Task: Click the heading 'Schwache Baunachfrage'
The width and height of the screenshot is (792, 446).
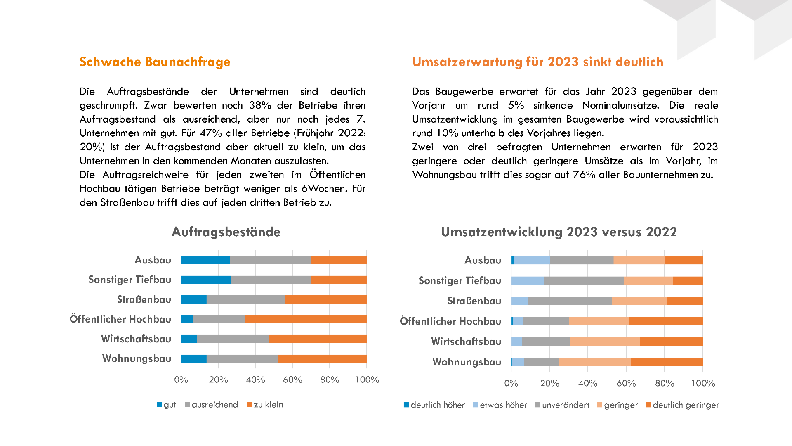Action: point(155,62)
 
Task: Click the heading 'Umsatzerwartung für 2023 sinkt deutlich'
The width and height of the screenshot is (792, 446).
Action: point(537,62)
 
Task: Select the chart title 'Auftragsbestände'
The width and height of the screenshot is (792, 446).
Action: point(226,232)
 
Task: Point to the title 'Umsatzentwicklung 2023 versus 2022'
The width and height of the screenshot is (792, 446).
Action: point(559,232)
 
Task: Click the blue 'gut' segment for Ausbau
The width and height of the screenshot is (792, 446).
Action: point(206,260)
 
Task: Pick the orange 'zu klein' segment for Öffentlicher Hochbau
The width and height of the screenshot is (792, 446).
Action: point(306,319)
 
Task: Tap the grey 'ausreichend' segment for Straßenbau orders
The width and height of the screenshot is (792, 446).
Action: point(246,299)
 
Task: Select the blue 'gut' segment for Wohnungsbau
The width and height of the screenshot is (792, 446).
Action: point(194,358)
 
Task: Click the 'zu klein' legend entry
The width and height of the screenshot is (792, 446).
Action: point(265,405)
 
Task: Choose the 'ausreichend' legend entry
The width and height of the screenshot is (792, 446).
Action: point(211,405)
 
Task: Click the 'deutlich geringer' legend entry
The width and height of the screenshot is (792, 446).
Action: point(682,405)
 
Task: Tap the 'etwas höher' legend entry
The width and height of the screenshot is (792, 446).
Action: point(500,405)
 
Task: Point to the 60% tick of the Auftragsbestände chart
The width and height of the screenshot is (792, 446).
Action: point(292,380)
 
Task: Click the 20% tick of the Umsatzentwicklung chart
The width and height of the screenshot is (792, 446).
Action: point(549,383)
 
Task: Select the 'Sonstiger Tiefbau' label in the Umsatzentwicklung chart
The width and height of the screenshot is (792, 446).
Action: point(460,281)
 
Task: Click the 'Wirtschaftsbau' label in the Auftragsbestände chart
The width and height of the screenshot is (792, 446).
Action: point(136,339)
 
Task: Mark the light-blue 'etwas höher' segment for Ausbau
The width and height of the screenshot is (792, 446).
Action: point(532,260)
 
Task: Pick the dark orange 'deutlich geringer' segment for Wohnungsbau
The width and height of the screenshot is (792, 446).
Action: point(667,362)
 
